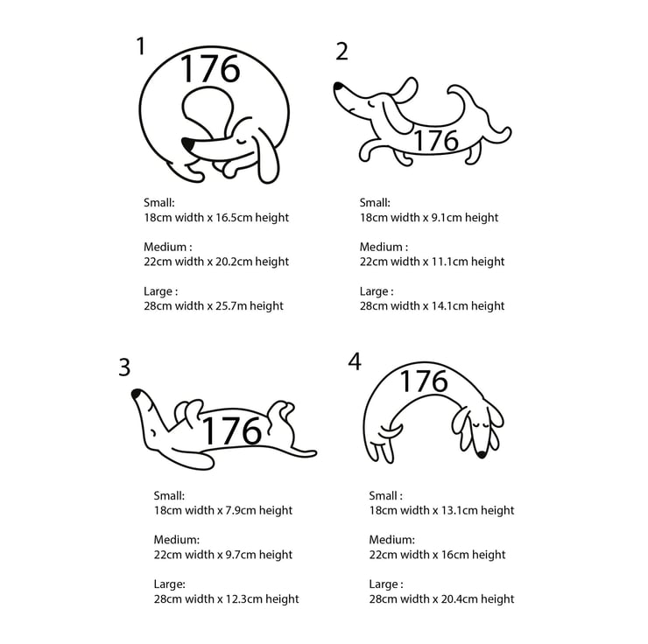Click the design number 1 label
pos(141,45)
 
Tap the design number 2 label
pos(342,52)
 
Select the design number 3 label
pos(124,367)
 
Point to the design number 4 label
pos(355,361)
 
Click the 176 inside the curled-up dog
pos(210,68)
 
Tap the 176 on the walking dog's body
pos(436,140)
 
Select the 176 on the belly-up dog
pos(232,430)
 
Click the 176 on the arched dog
pos(424,381)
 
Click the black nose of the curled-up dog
pos(188,144)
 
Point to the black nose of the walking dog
pos(338,87)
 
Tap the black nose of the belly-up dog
pos(136,394)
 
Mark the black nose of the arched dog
pos(481,454)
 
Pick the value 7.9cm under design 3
pos(241,510)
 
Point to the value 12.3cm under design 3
pos(243,599)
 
